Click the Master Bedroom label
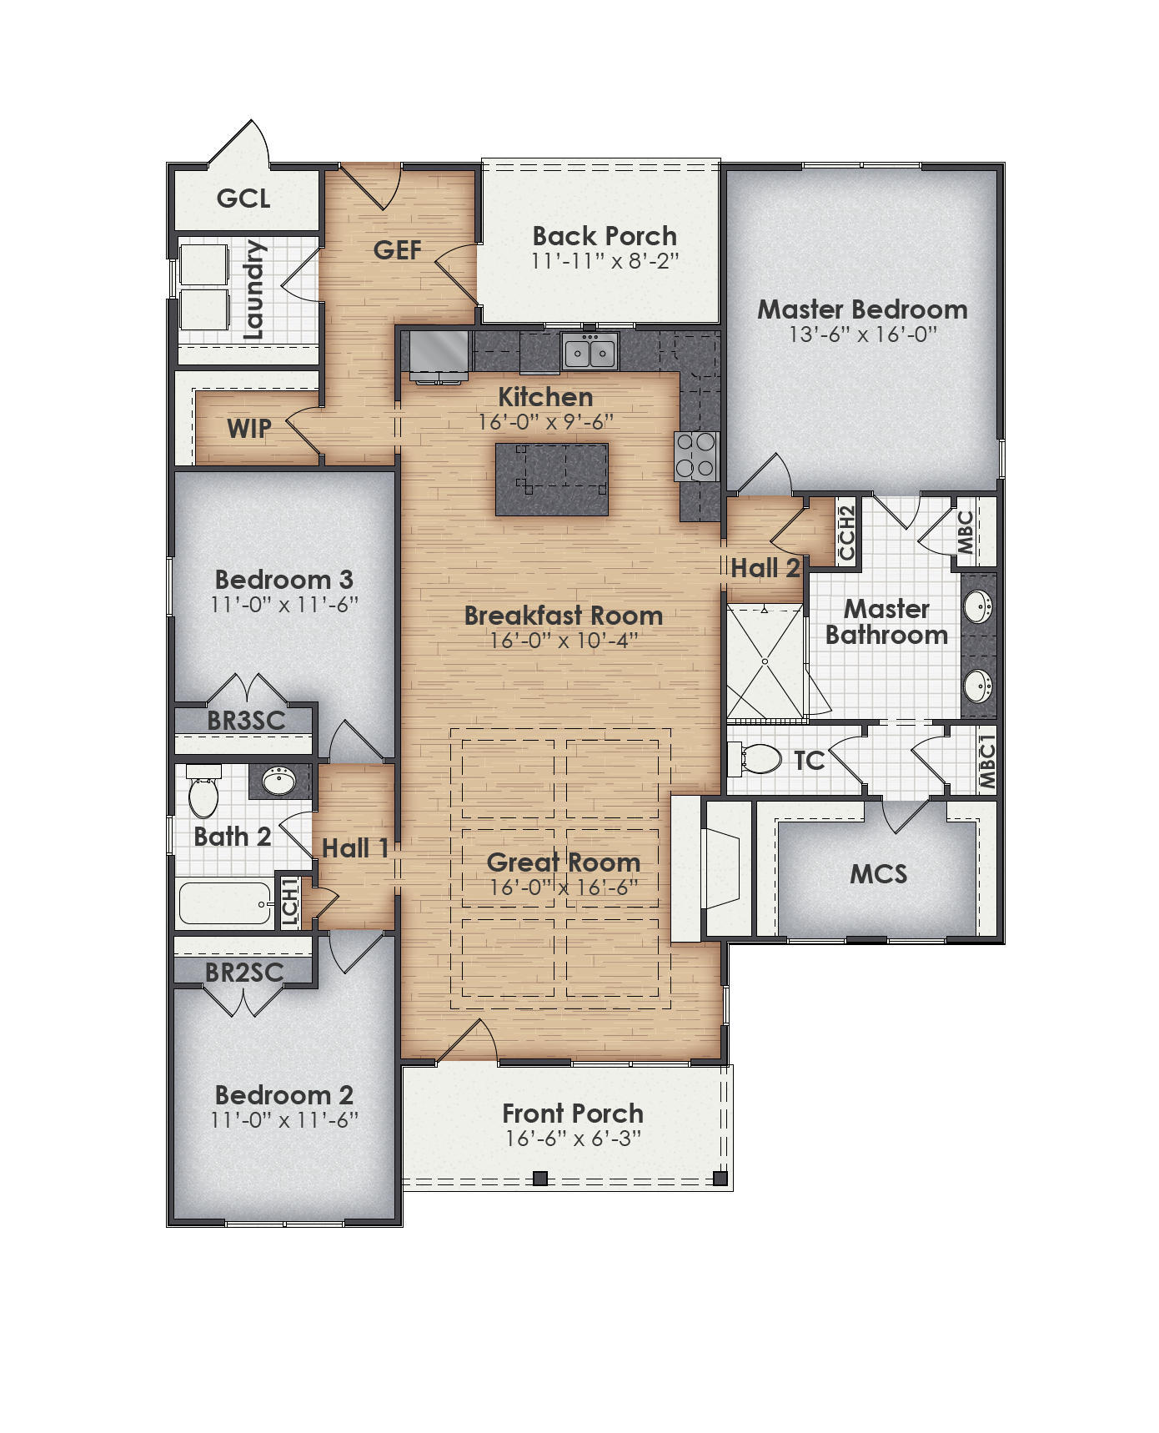[x=862, y=309]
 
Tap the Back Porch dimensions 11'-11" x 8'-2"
[x=605, y=261]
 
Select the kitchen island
[x=551, y=480]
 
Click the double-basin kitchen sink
[x=590, y=351]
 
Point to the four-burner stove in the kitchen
[x=696, y=456]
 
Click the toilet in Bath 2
[x=203, y=794]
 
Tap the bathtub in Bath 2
[x=225, y=904]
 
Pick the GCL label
[x=243, y=199]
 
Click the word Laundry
[x=253, y=290]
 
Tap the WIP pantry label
[x=248, y=429]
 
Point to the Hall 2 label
[x=765, y=569]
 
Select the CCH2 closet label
[x=847, y=534]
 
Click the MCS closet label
[x=878, y=874]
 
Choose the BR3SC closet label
[x=245, y=721]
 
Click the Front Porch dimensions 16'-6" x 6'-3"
[x=573, y=1139]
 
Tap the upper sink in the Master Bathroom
[x=978, y=606]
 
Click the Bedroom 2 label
[x=283, y=1094]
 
